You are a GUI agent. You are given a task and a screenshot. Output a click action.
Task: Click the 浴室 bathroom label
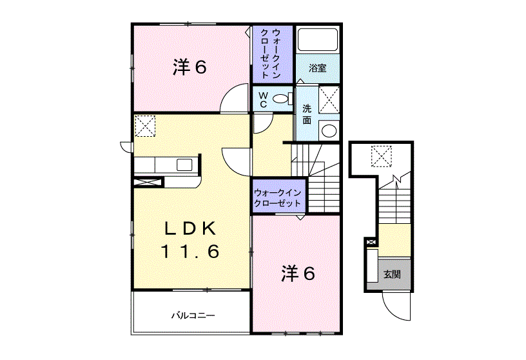(317, 68)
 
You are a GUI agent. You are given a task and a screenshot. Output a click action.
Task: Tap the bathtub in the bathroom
(317, 39)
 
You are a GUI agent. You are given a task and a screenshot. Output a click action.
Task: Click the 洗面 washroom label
(307, 114)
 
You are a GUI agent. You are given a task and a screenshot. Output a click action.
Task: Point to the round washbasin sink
(329, 130)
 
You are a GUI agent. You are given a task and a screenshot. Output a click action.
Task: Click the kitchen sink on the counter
(184, 165)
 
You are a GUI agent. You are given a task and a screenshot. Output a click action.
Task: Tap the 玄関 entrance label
(392, 274)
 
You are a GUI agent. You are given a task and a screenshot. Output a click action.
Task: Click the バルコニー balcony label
(193, 315)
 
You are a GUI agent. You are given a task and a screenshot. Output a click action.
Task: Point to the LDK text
(190, 229)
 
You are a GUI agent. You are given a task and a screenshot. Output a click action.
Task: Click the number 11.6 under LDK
(190, 251)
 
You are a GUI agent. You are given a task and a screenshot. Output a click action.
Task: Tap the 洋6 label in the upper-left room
(190, 67)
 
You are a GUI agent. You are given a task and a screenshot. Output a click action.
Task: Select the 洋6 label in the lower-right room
(298, 274)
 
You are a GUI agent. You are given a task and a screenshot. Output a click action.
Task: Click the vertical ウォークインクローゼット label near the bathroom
(270, 54)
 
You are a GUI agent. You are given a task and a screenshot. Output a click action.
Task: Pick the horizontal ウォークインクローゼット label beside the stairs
(277, 198)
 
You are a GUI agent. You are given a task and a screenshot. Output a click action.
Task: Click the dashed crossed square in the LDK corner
(145, 126)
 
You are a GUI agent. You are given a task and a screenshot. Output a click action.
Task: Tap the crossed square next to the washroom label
(329, 100)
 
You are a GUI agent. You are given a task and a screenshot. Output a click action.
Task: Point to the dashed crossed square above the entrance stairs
(382, 156)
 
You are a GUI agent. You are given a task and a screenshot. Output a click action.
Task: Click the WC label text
(264, 100)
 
